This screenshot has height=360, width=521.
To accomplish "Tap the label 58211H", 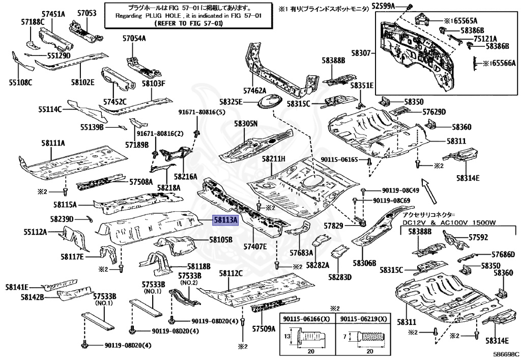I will point(274,159).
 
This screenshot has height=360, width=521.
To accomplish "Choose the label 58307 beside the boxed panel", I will point(362,52).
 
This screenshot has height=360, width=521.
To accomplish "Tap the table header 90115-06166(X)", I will point(307,319).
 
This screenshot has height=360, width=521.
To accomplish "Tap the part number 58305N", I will point(246,123).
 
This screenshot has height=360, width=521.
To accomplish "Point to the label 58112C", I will point(231,273).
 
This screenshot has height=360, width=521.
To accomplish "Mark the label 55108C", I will point(20,82).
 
